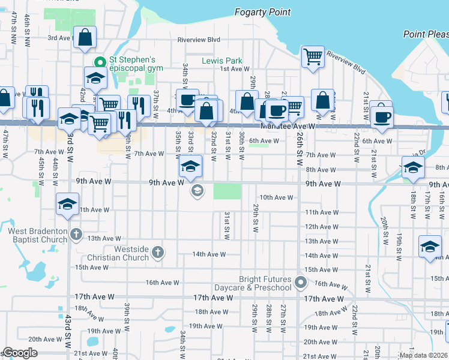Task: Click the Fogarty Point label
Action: click(x=262, y=12)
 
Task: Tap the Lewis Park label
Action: click(x=222, y=61)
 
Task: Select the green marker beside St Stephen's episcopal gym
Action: click(x=100, y=61)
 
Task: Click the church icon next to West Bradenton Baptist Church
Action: click(x=76, y=234)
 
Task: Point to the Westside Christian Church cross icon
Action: click(x=157, y=251)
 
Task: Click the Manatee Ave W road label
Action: click(x=288, y=127)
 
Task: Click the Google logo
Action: click(x=19, y=353)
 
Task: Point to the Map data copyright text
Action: click(x=423, y=355)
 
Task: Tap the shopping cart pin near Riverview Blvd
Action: click(x=313, y=58)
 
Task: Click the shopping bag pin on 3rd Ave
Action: click(x=85, y=37)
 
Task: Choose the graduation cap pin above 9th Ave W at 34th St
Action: click(x=190, y=167)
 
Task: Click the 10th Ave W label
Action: click(x=276, y=197)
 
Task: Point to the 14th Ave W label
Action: click(x=208, y=254)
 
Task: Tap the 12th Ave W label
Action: click(x=321, y=227)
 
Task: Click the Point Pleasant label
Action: click(x=426, y=34)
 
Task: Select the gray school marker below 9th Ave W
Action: click(x=196, y=191)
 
